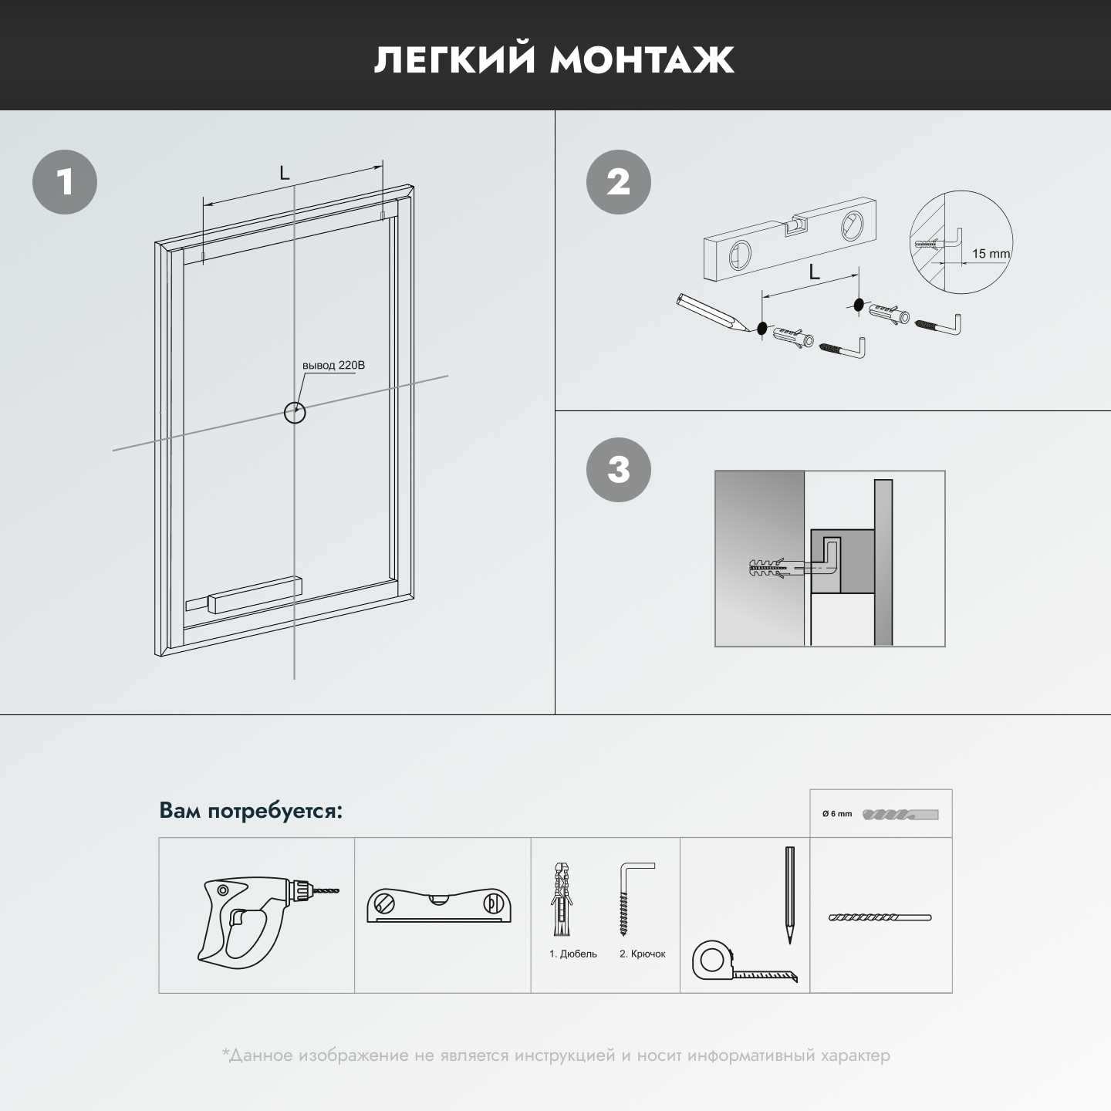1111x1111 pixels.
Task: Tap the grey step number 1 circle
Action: pos(65,182)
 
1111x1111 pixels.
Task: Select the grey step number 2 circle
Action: pos(619,182)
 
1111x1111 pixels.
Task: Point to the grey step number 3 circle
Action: pos(619,469)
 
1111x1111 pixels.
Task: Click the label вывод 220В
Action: pos(333,366)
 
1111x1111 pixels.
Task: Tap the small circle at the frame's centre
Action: pos(295,412)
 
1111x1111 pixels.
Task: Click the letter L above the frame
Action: pos(284,172)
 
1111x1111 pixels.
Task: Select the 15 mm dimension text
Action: pos(991,253)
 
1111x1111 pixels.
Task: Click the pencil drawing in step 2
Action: pos(713,312)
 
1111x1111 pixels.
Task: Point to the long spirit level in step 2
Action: pos(791,239)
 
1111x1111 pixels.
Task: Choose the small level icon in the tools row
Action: pos(439,906)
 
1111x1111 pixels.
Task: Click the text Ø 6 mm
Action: pos(836,814)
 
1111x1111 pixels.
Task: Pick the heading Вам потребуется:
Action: pos(251,811)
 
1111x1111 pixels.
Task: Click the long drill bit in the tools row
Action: pos(880,917)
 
